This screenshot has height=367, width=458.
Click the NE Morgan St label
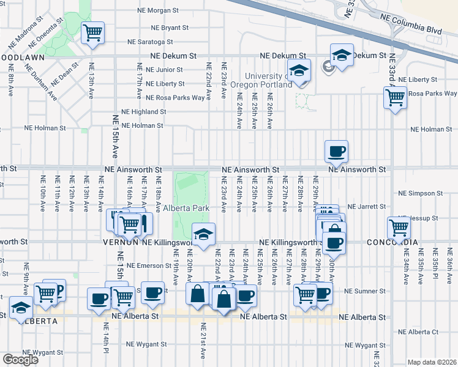coord(158,10)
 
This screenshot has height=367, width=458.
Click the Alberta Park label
coord(186,208)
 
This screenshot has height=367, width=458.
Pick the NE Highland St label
coord(144,112)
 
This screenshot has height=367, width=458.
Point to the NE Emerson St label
coord(149,265)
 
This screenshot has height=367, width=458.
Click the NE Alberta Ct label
coord(418,332)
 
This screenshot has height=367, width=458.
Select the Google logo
coord(20,360)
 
